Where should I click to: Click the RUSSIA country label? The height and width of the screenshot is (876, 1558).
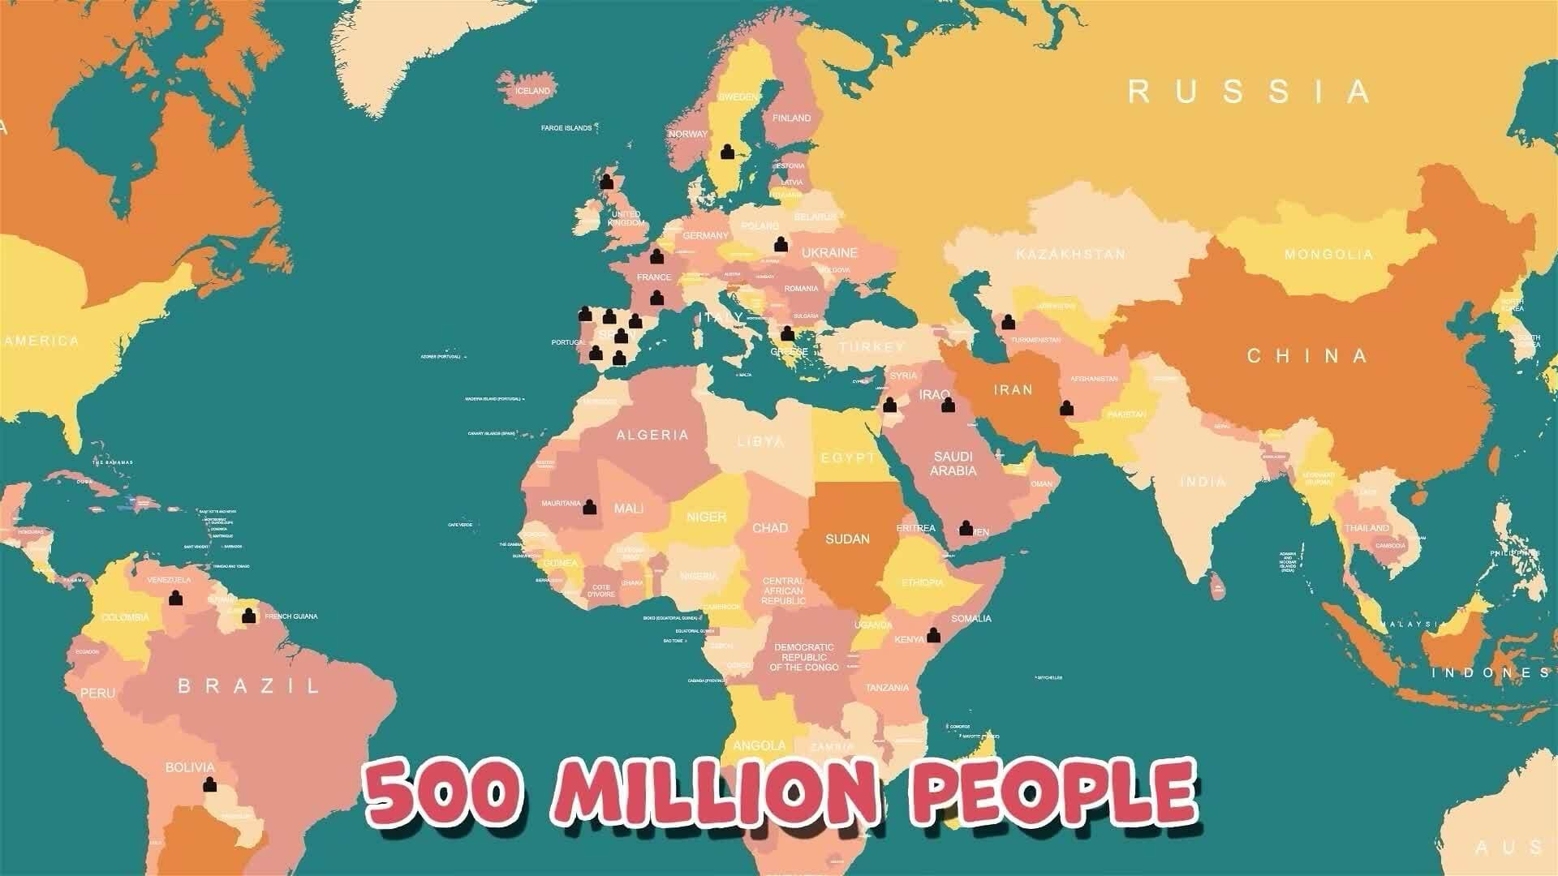point(1249,92)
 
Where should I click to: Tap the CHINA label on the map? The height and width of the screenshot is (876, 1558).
point(1307,356)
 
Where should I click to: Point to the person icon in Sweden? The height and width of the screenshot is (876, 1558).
point(727,152)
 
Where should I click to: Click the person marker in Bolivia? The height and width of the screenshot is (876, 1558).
point(210,784)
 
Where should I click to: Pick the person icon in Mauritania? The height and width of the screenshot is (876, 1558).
point(590,507)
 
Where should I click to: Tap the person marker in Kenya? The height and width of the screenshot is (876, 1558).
point(933,635)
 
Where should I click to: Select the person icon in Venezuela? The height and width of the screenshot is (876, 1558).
point(175,599)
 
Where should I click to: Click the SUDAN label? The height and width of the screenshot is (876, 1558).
point(847,539)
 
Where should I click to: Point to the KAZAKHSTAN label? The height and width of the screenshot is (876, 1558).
point(1070,255)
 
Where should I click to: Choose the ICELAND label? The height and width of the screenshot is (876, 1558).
point(532,91)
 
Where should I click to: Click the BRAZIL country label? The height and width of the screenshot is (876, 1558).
point(249,686)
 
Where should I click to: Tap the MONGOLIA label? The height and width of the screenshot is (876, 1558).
point(1328,255)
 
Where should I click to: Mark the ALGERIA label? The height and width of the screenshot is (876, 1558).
point(652,436)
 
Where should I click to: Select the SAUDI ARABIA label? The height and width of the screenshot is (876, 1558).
point(953,464)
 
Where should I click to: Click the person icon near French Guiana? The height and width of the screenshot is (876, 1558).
point(249,616)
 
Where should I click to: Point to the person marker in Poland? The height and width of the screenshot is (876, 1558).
point(781,243)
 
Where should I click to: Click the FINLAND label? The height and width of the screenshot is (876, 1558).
point(791,118)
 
